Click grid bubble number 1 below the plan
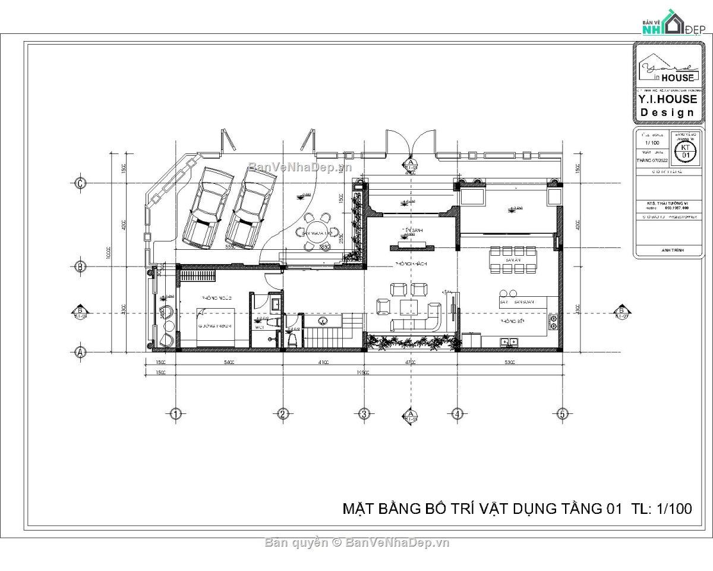pos(175,413)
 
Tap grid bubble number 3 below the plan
pos(364,413)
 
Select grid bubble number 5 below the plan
pos(561,413)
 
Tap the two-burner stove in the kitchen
pos(552,322)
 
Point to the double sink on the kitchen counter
pos(509,342)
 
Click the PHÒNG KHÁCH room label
pos(411,263)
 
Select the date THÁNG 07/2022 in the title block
pos(652,160)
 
